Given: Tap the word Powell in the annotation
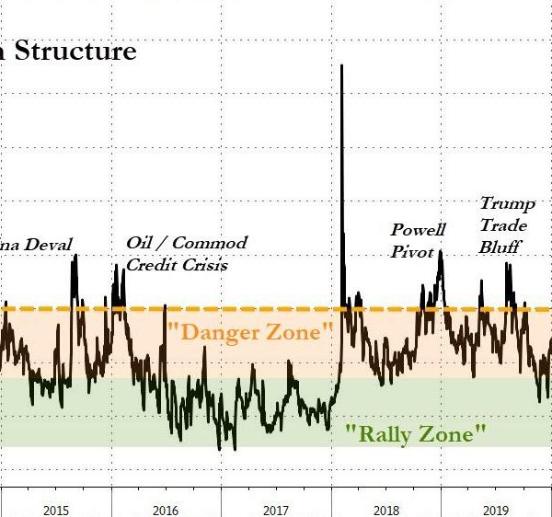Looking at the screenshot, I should coord(419,230).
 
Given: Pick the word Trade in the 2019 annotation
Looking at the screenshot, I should coord(500,225).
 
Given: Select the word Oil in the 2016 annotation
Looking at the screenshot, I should coord(139,244).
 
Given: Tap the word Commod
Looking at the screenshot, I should coord(211,244).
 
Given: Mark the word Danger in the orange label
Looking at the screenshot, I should coord(217,331).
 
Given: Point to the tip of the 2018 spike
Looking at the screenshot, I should coord(342,65).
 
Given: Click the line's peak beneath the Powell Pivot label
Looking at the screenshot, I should coord(441,250).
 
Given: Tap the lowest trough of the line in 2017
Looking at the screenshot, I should coord(234,448).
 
